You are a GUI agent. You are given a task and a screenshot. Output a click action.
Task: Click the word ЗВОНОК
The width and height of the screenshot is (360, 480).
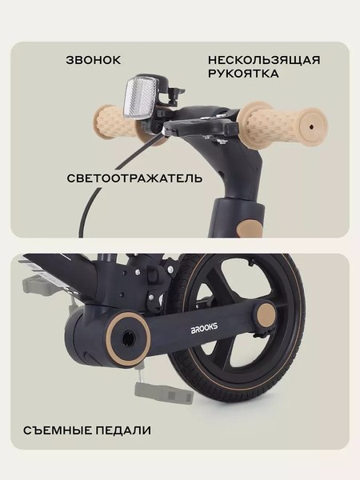93,60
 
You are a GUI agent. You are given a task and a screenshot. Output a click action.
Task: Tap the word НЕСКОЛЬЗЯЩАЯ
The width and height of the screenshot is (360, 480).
263,60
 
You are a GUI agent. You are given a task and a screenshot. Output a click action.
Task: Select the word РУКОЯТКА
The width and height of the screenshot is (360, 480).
242,74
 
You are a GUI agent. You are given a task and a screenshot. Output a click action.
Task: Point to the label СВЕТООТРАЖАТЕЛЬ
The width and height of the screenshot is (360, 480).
134,178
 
